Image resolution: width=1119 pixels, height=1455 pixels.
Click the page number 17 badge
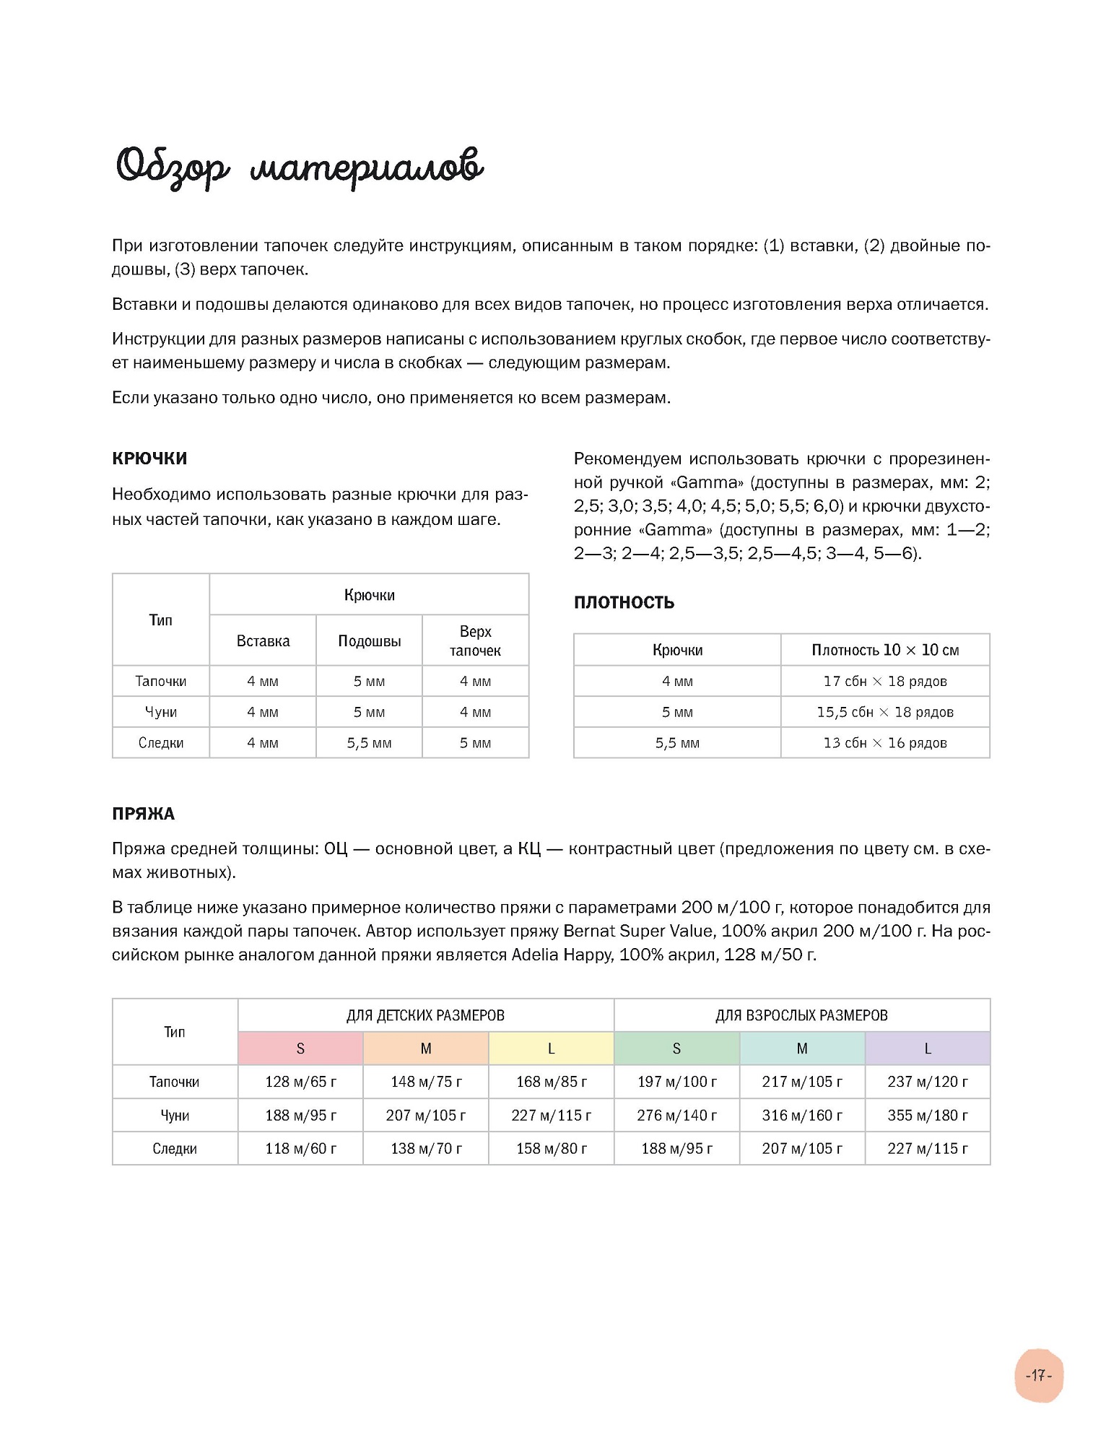1038,1376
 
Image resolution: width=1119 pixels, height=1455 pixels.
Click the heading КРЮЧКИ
149,459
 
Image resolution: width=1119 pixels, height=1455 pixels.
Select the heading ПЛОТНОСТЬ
624,602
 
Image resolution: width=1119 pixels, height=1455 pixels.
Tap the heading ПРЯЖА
143,814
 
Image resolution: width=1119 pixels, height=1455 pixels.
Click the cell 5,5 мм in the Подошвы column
369,743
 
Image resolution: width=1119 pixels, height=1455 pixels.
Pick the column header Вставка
263,641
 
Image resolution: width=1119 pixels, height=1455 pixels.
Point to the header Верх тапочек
475,640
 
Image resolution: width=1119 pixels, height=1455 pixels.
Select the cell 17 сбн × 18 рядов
885,681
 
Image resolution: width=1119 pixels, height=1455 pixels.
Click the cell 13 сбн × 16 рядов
885,743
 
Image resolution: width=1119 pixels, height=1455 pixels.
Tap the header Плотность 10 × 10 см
885,650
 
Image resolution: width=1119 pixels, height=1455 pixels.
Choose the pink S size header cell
300,1048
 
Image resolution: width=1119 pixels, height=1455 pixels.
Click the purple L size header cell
928,1048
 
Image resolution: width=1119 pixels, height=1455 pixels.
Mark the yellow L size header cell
552,1048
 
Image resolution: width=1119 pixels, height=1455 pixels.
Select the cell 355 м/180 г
928,1115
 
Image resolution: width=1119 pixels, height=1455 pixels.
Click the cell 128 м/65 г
300,1082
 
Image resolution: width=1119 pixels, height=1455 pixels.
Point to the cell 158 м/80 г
552,1148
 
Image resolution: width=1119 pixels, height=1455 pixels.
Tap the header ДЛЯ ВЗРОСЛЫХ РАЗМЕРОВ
801,1015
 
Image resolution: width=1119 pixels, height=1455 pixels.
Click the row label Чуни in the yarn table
175,1115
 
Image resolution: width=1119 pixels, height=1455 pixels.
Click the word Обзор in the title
173,168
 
